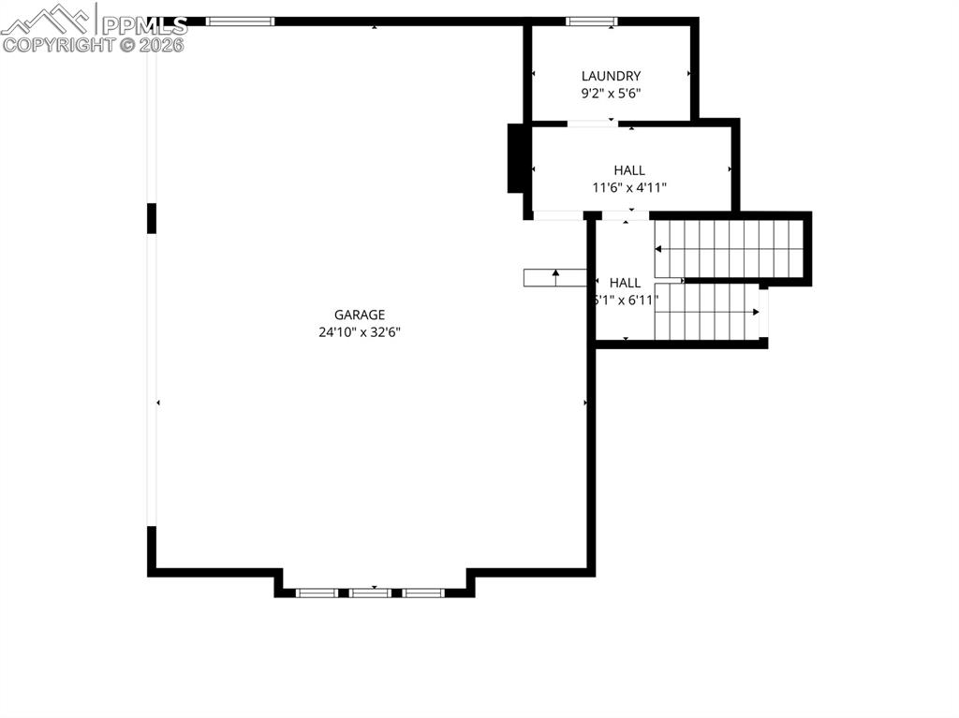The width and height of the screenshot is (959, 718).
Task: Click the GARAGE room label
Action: (x=360, y=315)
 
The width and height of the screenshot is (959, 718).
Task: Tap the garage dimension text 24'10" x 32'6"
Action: (x=360, y=331)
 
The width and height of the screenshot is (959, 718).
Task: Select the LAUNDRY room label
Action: (x=611, y=76)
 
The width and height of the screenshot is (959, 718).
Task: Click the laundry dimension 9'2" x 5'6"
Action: (x=611, y=93)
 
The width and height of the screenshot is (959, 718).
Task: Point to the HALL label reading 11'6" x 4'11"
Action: (x=629, y=170)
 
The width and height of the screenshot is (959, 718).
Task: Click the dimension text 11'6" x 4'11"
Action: (x=629, y=187)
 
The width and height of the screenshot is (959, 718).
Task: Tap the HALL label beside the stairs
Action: (x=626, y=283)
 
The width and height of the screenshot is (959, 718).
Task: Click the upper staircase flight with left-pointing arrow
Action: (x=730, y=249)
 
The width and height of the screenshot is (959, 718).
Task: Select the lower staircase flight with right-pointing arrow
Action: (x=707, y=312)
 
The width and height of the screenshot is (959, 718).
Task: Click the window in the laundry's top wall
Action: (x=592, y=21)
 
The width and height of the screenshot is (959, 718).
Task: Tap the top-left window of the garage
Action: (x=240, y=21)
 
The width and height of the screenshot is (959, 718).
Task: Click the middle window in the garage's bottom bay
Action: (x=371, y=593)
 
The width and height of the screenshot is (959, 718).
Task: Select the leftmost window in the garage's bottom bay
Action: (x=317, y=593)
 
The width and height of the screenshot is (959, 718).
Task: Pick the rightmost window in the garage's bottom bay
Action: (x=423, y=593)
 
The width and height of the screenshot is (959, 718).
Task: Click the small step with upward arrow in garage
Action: (x=554, y=277)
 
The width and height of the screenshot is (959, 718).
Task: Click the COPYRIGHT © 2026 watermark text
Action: (x=94, y=44)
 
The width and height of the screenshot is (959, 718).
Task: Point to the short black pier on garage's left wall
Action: (x=152, y=218)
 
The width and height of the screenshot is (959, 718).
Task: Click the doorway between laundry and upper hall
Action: (x=592, y=123)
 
